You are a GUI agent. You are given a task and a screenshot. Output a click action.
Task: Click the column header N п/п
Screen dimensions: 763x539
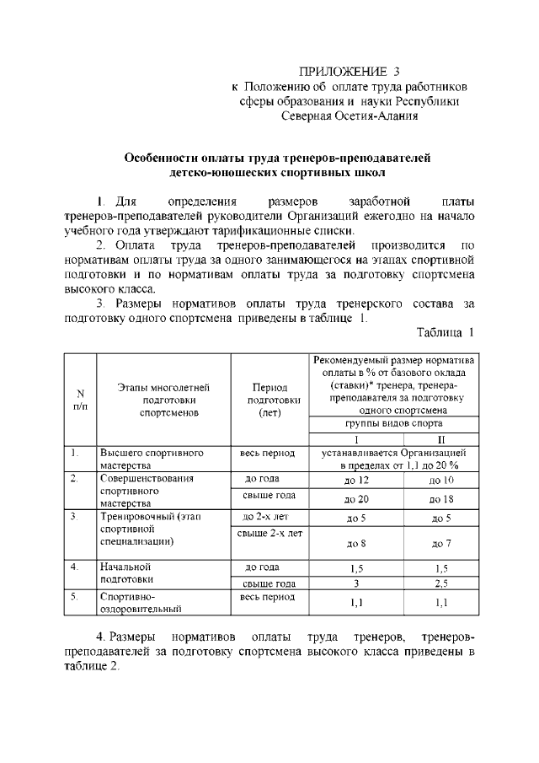click(x=80, y=399)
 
